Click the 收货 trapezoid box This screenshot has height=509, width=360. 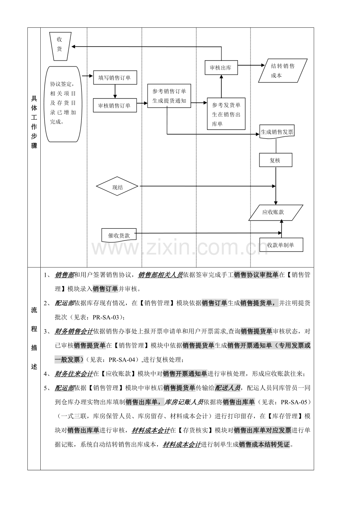click(x=60, y=47)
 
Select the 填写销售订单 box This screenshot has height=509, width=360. click(x=115, y=77)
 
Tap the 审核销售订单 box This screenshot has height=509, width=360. click(x=115, y=105)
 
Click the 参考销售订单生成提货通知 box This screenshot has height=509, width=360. click(x=169, y=96)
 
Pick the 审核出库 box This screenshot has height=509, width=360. click(x=221, y=68)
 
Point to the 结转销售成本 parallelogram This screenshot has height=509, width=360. click(x=283, y=70)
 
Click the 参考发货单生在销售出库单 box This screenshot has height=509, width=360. click(x=226, y=114)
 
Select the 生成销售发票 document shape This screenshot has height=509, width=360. click(x=277, y=132)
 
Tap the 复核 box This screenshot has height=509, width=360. click(x=275, y=160)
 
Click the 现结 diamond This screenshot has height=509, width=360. click(x=117, y=186)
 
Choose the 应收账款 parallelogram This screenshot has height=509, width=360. click(x=275, y=213)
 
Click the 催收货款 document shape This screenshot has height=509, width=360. click(x=119, y=235)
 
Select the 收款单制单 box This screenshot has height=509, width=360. click(x=281, y=245)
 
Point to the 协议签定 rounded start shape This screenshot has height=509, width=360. click(x=63, y=104)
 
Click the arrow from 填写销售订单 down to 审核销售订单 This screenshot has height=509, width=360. click(x=115, y=91)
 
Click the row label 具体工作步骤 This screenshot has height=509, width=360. click(x=34, y=122)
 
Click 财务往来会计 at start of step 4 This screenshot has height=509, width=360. click(x=74, y=374)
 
